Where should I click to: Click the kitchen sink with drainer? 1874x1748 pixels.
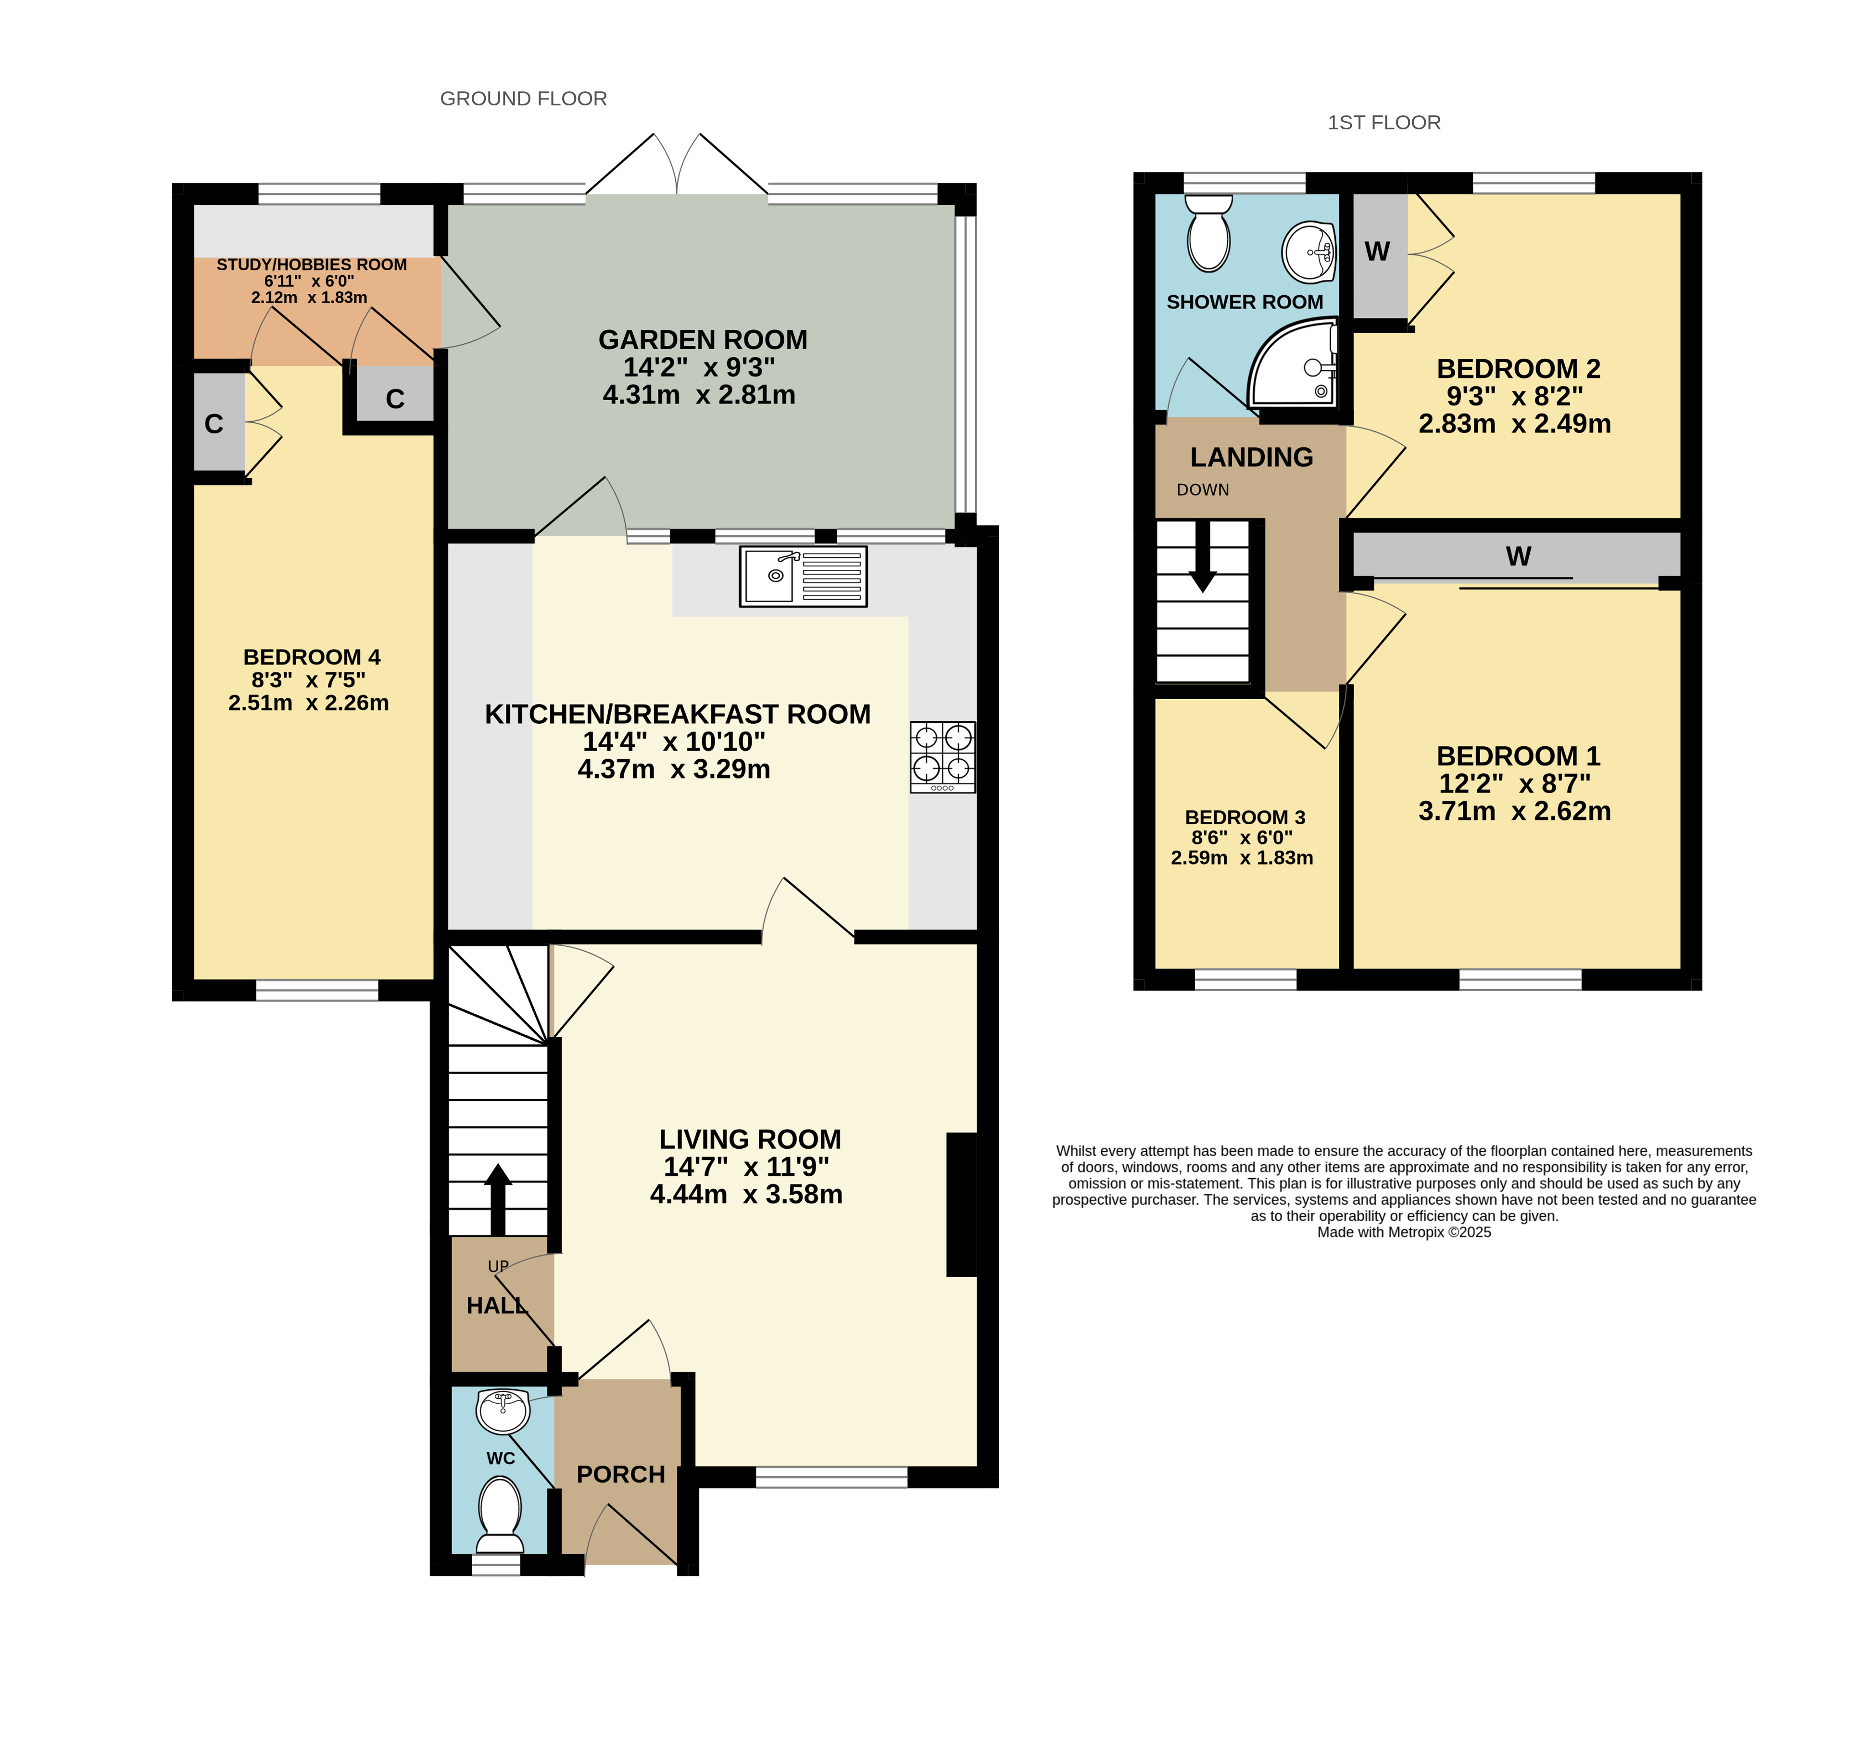(803, 576)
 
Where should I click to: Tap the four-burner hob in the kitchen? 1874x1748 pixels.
(943, 757)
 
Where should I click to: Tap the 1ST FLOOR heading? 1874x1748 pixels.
(1384, 123)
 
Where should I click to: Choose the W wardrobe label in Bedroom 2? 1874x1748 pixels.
(1377, 252)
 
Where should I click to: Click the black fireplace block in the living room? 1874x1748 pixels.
(961, 1204)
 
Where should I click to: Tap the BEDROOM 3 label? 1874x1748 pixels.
(1245, 817)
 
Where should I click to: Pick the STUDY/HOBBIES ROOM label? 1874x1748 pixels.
(312, 265)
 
